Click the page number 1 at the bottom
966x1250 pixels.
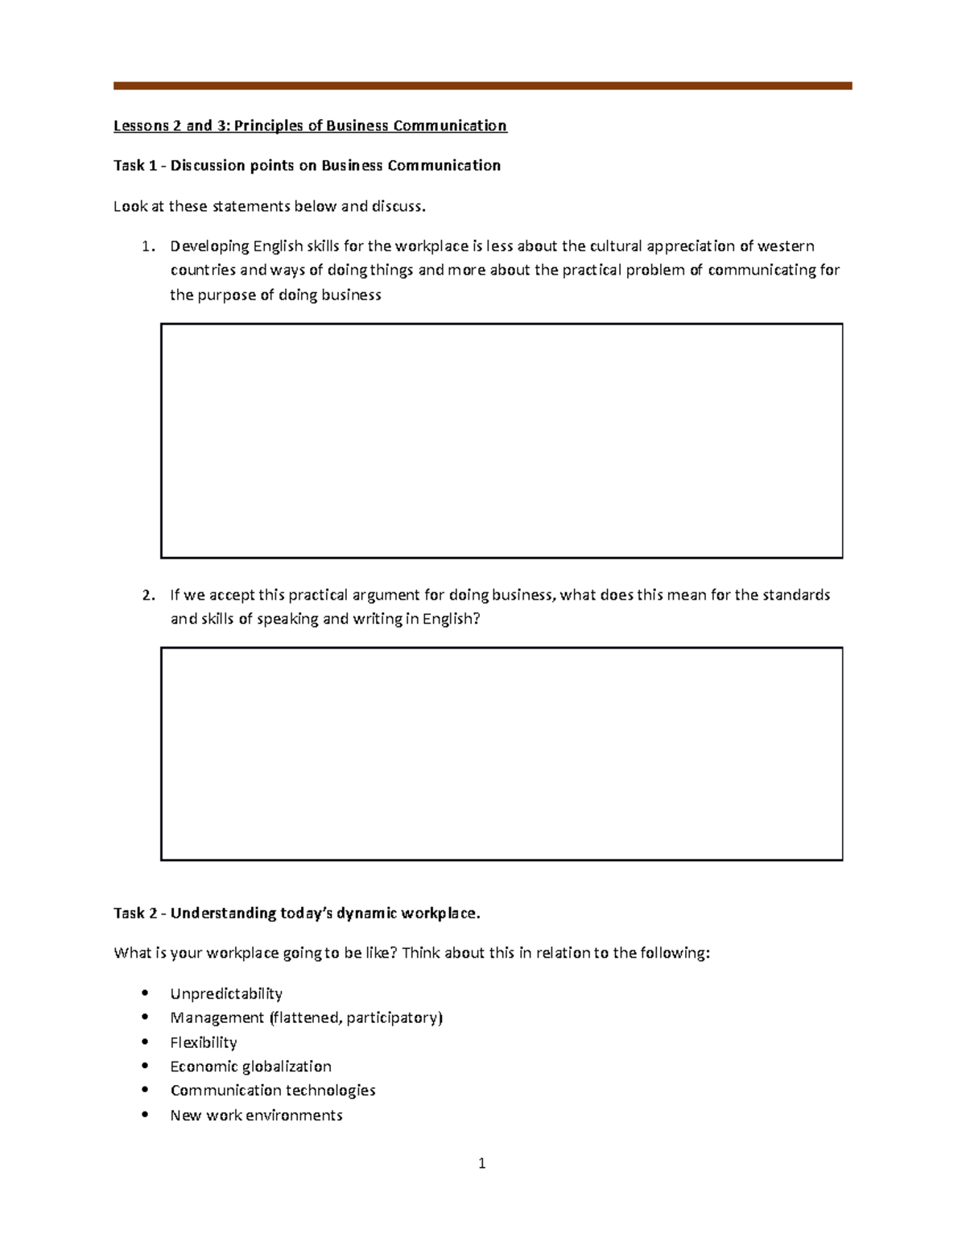click(481, 1163)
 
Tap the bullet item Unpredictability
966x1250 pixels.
click(226, 993)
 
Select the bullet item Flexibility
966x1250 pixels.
click(204, 1042)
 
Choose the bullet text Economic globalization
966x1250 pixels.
click(251, 1066)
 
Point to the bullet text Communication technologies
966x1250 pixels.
click(273, 1091)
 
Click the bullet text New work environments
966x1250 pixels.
click(257, 1115)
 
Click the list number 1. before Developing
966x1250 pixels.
click(147, 246)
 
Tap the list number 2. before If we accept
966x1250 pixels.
click(147, 596)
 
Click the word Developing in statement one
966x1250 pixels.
click(208, 246)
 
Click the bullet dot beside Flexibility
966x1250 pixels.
click(145, 1042)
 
